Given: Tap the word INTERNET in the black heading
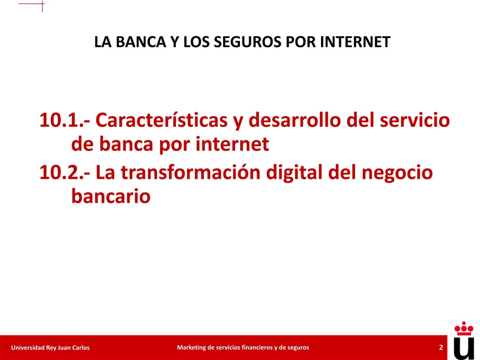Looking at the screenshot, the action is point(355,42).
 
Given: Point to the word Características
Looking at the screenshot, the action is point(161,120).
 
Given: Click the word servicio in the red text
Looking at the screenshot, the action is point(415,120).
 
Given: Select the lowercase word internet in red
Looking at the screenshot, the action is point(232,144).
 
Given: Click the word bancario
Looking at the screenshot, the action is point(111,196).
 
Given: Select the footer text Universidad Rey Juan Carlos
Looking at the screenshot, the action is point(50,348).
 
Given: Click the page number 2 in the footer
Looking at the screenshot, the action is point(441,348).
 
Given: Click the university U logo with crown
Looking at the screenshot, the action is point(464,341).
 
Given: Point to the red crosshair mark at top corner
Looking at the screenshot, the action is point(42,4).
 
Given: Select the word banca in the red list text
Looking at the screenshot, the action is point(126,144).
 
